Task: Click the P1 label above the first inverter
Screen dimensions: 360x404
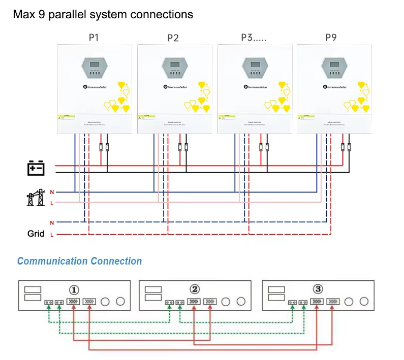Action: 94,37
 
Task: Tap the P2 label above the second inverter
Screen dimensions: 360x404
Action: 173,38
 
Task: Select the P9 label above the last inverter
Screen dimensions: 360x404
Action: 331,37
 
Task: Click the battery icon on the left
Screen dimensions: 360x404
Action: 36,168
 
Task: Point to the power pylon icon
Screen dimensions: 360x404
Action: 36,197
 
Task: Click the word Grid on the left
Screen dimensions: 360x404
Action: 36,234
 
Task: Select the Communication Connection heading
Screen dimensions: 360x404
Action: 79,261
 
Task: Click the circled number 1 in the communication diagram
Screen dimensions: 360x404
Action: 74,290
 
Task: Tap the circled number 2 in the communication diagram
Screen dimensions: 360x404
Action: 194,289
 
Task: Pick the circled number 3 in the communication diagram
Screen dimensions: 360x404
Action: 318,289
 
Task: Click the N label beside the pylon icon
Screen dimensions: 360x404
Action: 52,192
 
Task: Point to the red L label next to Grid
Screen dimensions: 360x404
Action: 52,235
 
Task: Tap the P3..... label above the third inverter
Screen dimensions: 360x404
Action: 254,37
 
